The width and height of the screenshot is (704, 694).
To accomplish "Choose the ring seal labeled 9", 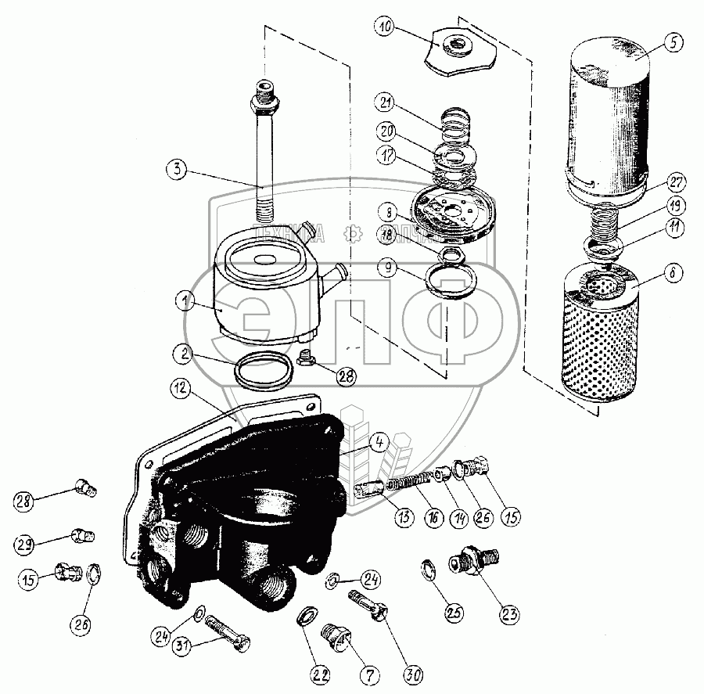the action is click(x=451, y=280).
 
